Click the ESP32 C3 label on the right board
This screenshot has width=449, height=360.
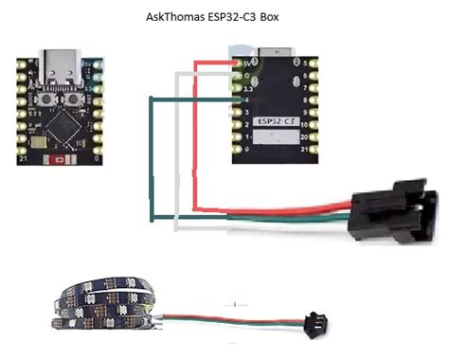coord(274,122)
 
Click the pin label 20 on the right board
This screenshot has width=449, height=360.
coord(309,136)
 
